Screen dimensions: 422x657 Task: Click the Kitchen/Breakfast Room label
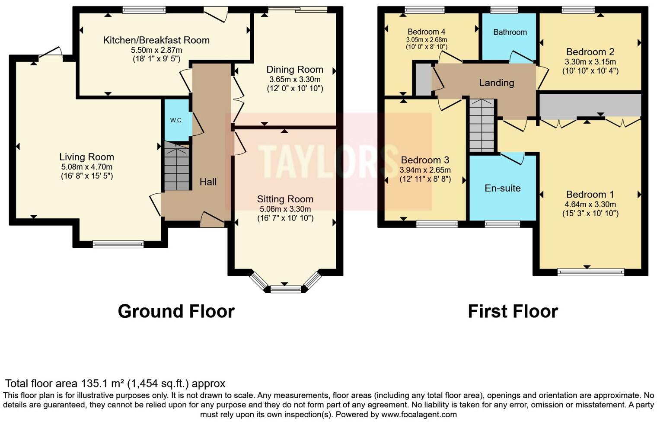coord(156,40)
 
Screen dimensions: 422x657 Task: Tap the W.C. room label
coord(176,120)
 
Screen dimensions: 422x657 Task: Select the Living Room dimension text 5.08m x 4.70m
coord(86,167)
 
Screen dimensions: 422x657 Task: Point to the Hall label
coord(208,182)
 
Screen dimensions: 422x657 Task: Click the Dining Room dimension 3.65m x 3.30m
coord(295,80)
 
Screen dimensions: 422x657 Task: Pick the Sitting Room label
coord(285,199)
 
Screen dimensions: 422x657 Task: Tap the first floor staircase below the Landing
coord(482,125)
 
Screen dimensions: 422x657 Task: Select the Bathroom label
coord(510,32)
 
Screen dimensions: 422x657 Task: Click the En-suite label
coord(502,188)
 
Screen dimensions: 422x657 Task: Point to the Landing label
coord(496,83)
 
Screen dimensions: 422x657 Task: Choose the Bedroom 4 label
coord(426,32)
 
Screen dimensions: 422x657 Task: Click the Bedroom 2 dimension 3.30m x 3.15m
coord(590,62)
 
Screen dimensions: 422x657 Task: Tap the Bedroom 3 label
coord(425,160)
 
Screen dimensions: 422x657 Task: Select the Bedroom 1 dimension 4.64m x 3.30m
coord(590,205)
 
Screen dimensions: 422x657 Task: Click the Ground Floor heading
coord(176,311)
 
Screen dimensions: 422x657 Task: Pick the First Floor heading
coord(513,311)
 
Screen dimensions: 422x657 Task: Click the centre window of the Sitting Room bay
coord(285,289)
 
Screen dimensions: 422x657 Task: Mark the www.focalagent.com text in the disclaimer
coord(418,415)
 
